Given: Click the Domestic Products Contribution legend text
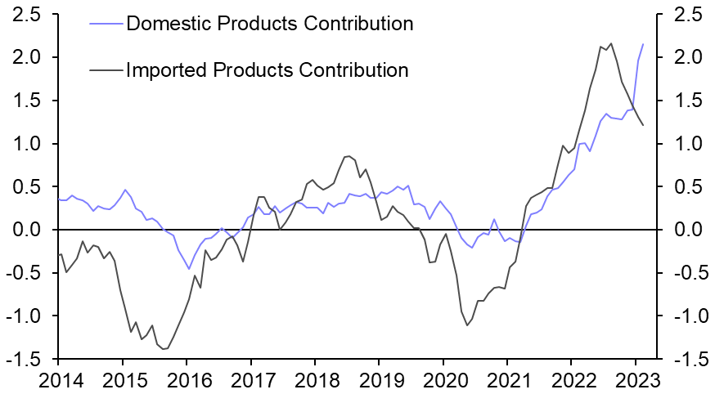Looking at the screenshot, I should click(269, 23).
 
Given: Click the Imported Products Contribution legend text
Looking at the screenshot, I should click(267, 69).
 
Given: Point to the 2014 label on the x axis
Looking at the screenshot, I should click(58, 379).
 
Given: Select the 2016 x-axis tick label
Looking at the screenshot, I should click(187, 379).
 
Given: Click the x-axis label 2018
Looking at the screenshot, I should click(315, 379).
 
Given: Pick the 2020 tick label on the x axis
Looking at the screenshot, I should click(443, 379).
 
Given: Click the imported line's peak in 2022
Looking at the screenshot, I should click(611, 43).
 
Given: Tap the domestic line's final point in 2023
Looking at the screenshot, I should click(643, 44).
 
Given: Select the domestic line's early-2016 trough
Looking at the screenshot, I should click(189, 269).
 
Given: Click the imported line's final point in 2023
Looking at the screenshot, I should click(643, 125).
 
